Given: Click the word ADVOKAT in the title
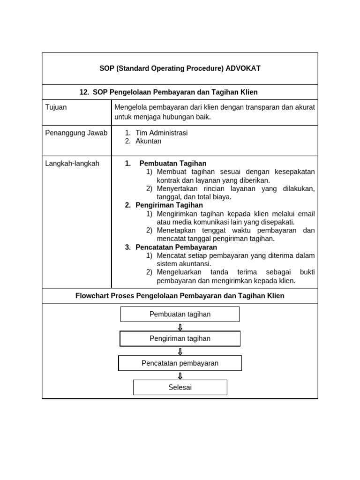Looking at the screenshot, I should pos(243,68).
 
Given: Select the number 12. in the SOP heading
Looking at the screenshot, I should pos(84,92).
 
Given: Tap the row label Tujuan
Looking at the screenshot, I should pos(56,107).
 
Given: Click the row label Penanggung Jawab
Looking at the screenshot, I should pos(76,133).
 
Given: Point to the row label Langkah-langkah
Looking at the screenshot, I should pos(72,164).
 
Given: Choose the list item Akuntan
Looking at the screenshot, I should pos(148,141).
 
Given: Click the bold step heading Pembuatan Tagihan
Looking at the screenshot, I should pos(172,164).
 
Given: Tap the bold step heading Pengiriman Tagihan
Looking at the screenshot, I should pos(169,205).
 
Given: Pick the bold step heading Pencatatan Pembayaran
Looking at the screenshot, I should pos(176,247).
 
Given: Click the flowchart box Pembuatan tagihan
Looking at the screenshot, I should pos(180,314).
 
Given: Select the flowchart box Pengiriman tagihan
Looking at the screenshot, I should pos(180,338).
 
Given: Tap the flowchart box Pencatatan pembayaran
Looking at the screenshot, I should pos(180,363).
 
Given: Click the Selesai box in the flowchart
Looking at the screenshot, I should pos(180,388).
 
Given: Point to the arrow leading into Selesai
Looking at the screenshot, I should pos(180,375).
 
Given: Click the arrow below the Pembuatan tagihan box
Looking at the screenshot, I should pos(180,327).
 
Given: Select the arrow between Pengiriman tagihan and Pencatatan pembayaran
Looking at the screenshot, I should pos(180,351).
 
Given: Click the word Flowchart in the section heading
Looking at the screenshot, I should pos(91,296).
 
